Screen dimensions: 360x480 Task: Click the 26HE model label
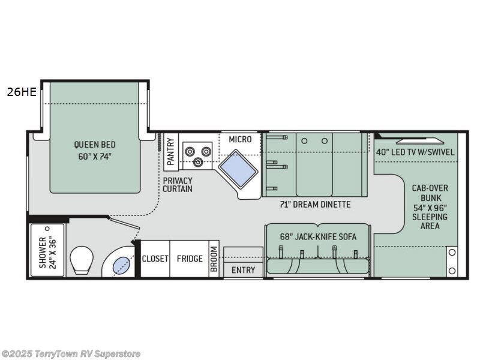pos(21,92)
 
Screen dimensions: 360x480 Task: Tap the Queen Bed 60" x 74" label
pos(95,150)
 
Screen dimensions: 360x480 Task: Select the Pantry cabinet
pos(171,151)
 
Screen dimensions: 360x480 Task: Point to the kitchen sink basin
pos(238,169)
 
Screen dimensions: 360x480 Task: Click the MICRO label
pos(240,139)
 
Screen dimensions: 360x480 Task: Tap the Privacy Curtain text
pos(177,185)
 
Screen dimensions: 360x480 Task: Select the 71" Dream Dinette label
pos(315,205)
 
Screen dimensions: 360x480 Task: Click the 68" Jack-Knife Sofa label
pos(318,236)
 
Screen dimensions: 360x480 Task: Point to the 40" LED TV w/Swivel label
pos(415,152)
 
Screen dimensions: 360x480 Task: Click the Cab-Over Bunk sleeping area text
pos(430,206)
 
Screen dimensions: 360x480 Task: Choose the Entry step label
pos(243,270)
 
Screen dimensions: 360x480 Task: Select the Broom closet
pos(214,259)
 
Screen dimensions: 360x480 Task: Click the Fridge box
pos(189,259)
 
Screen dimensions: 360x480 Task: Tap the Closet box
pos(155,259)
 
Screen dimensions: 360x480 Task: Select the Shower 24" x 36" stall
pos(47,251)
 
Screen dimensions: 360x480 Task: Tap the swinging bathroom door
pos(125,222)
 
